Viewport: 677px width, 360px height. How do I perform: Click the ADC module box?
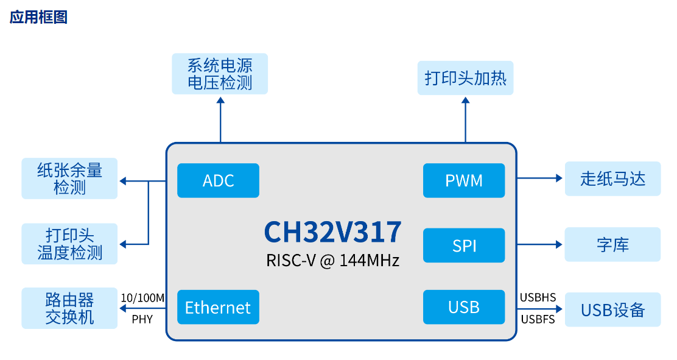pyautogui.click(x=218, y=180)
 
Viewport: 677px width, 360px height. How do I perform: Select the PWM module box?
pyautogui.click(x=464, y=180)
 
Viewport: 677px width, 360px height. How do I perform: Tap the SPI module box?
pyautogui.click(x=464, y=245)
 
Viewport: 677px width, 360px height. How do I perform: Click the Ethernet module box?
pyautogui.click(x=218, y=307)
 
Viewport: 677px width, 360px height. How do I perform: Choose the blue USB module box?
pyautogui.click(x=464, y=307)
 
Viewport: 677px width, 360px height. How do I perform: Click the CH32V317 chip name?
pyautogui.click(x=332, y=232)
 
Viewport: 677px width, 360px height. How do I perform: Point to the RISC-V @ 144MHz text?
pyautogui.click(x=332, y=261)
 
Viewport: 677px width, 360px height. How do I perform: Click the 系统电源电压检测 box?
pyautogui.click(x=220, y=74)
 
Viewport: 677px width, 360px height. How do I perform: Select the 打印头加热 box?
pyautogui.click(x=465, y=78)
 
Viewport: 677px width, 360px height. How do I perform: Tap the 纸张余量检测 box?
pyautogui.click(x=69, y=178)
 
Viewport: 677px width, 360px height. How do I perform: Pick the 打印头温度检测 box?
pyautogui.click(x=69, y=244)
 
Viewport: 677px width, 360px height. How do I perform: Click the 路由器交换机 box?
pyautogui.click(x=69, y=308)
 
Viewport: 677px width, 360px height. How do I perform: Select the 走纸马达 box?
pyautogui.click(x=612, y=178)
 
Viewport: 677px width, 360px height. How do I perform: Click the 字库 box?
pyautogui.click(x=612, y=245)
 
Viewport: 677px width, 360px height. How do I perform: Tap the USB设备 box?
pyautogui.click(x=612, y=309)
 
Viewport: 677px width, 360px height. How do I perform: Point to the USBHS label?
pyautogui.click(x=538, y=298)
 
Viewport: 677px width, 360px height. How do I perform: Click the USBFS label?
pyautogui.click(x=538, y=319)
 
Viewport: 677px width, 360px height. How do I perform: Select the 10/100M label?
pyautogui.click(x=142, y=298)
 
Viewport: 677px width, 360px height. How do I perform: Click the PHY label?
pyautogui.click(x=142, y=319)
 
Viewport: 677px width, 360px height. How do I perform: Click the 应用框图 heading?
pyautogui.click(x=38, y=17)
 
